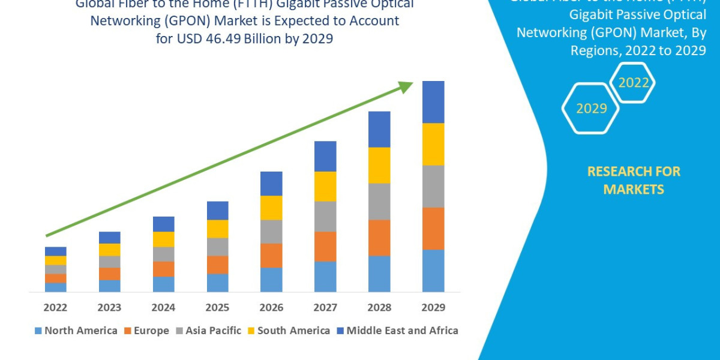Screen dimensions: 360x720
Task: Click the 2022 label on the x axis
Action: pyautogui.click(x=55, y=308)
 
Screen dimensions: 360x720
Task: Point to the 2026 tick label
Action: pyautogui.click(x=271, y=308)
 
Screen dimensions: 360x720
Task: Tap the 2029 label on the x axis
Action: pyautogui.click(x=433, y=308)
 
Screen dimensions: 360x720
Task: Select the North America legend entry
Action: pyautogui.click(x=76, y=331)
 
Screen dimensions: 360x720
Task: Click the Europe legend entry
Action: pyautogui.click(x=146, y=331)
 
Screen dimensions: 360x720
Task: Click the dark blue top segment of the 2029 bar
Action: pyautogui.click(x=433, y=102)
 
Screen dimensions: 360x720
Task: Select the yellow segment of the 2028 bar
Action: pyautogui.click(x=379, y=165)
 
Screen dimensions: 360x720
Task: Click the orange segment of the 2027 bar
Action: pyautogui.click(x=325, y=247)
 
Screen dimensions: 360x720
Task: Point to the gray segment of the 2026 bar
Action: pyautogui.click(x=271, y=232)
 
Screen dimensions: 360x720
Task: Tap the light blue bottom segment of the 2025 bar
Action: pyautogui.click(x=217, y=283)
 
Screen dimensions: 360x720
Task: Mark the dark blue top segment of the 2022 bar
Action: pyautogui.click(x=55, y=251)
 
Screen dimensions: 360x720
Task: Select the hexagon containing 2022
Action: pyautogui.click(x=633, y=83)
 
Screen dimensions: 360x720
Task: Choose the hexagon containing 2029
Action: pyautogui.click(x=591, y=109)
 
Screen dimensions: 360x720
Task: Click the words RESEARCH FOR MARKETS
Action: pyautogui.click(x=634, y=181)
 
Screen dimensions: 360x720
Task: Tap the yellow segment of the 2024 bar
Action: pyautogui.click(x=163, y=239)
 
